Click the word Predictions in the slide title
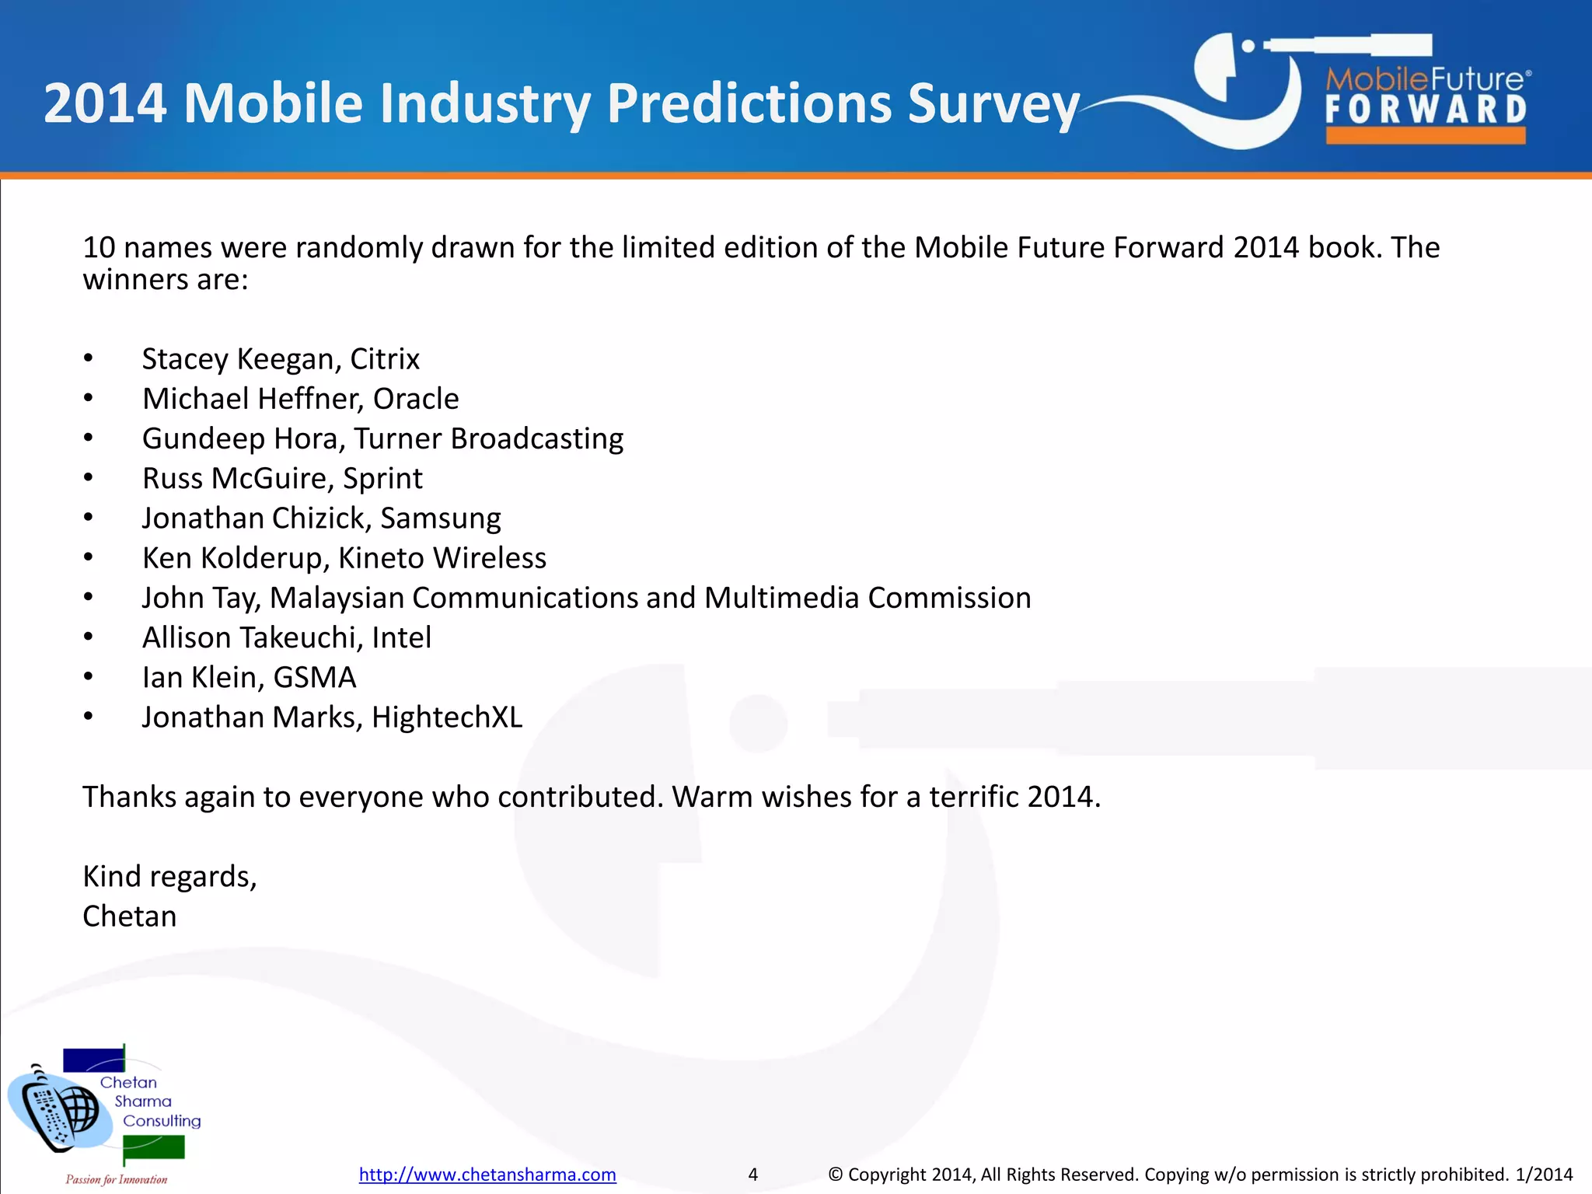[749, 103]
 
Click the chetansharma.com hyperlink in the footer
[487, 1174]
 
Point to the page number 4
[752, 1174]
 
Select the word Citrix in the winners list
[384, 359]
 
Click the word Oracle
[416, 399]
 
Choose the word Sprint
[382, 479]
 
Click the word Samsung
[440, 518]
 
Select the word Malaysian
[337, 598]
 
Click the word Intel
[401, 637]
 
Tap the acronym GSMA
[315, 678]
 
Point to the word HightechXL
[447, 717]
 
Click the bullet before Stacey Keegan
[89, 358]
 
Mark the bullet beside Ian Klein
[89, 677]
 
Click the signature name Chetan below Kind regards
[130, 916]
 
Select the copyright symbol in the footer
[836, 1174]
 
